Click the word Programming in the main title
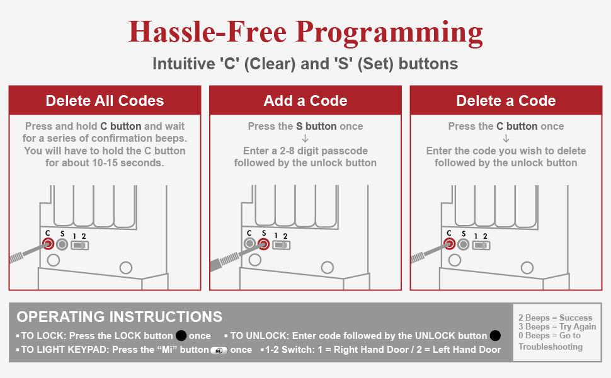coord(389,33)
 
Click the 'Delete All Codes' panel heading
coord(105,101)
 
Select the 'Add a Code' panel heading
coord(305,101)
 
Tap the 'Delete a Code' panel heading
coord(506,101)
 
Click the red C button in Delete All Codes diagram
coord(49,244)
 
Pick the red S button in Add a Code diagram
coord(264,244)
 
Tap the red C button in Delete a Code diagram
coord(450,244)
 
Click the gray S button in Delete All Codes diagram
coord(62,244)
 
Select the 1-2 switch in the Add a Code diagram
coord(282,245)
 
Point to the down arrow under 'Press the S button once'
coord(305,139)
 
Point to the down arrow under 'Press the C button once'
coord(506,139)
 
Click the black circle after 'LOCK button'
coord(181,336)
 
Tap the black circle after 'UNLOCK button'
coord(495,336)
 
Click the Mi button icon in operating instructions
coord(219,350)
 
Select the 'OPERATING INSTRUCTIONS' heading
coord(119,316)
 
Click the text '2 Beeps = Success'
coord(556,318)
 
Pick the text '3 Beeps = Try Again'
coord(557,326)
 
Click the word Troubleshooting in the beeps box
coord(551,346)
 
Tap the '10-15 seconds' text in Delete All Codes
coord(128,163)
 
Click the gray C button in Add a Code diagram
coord(250,244)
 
